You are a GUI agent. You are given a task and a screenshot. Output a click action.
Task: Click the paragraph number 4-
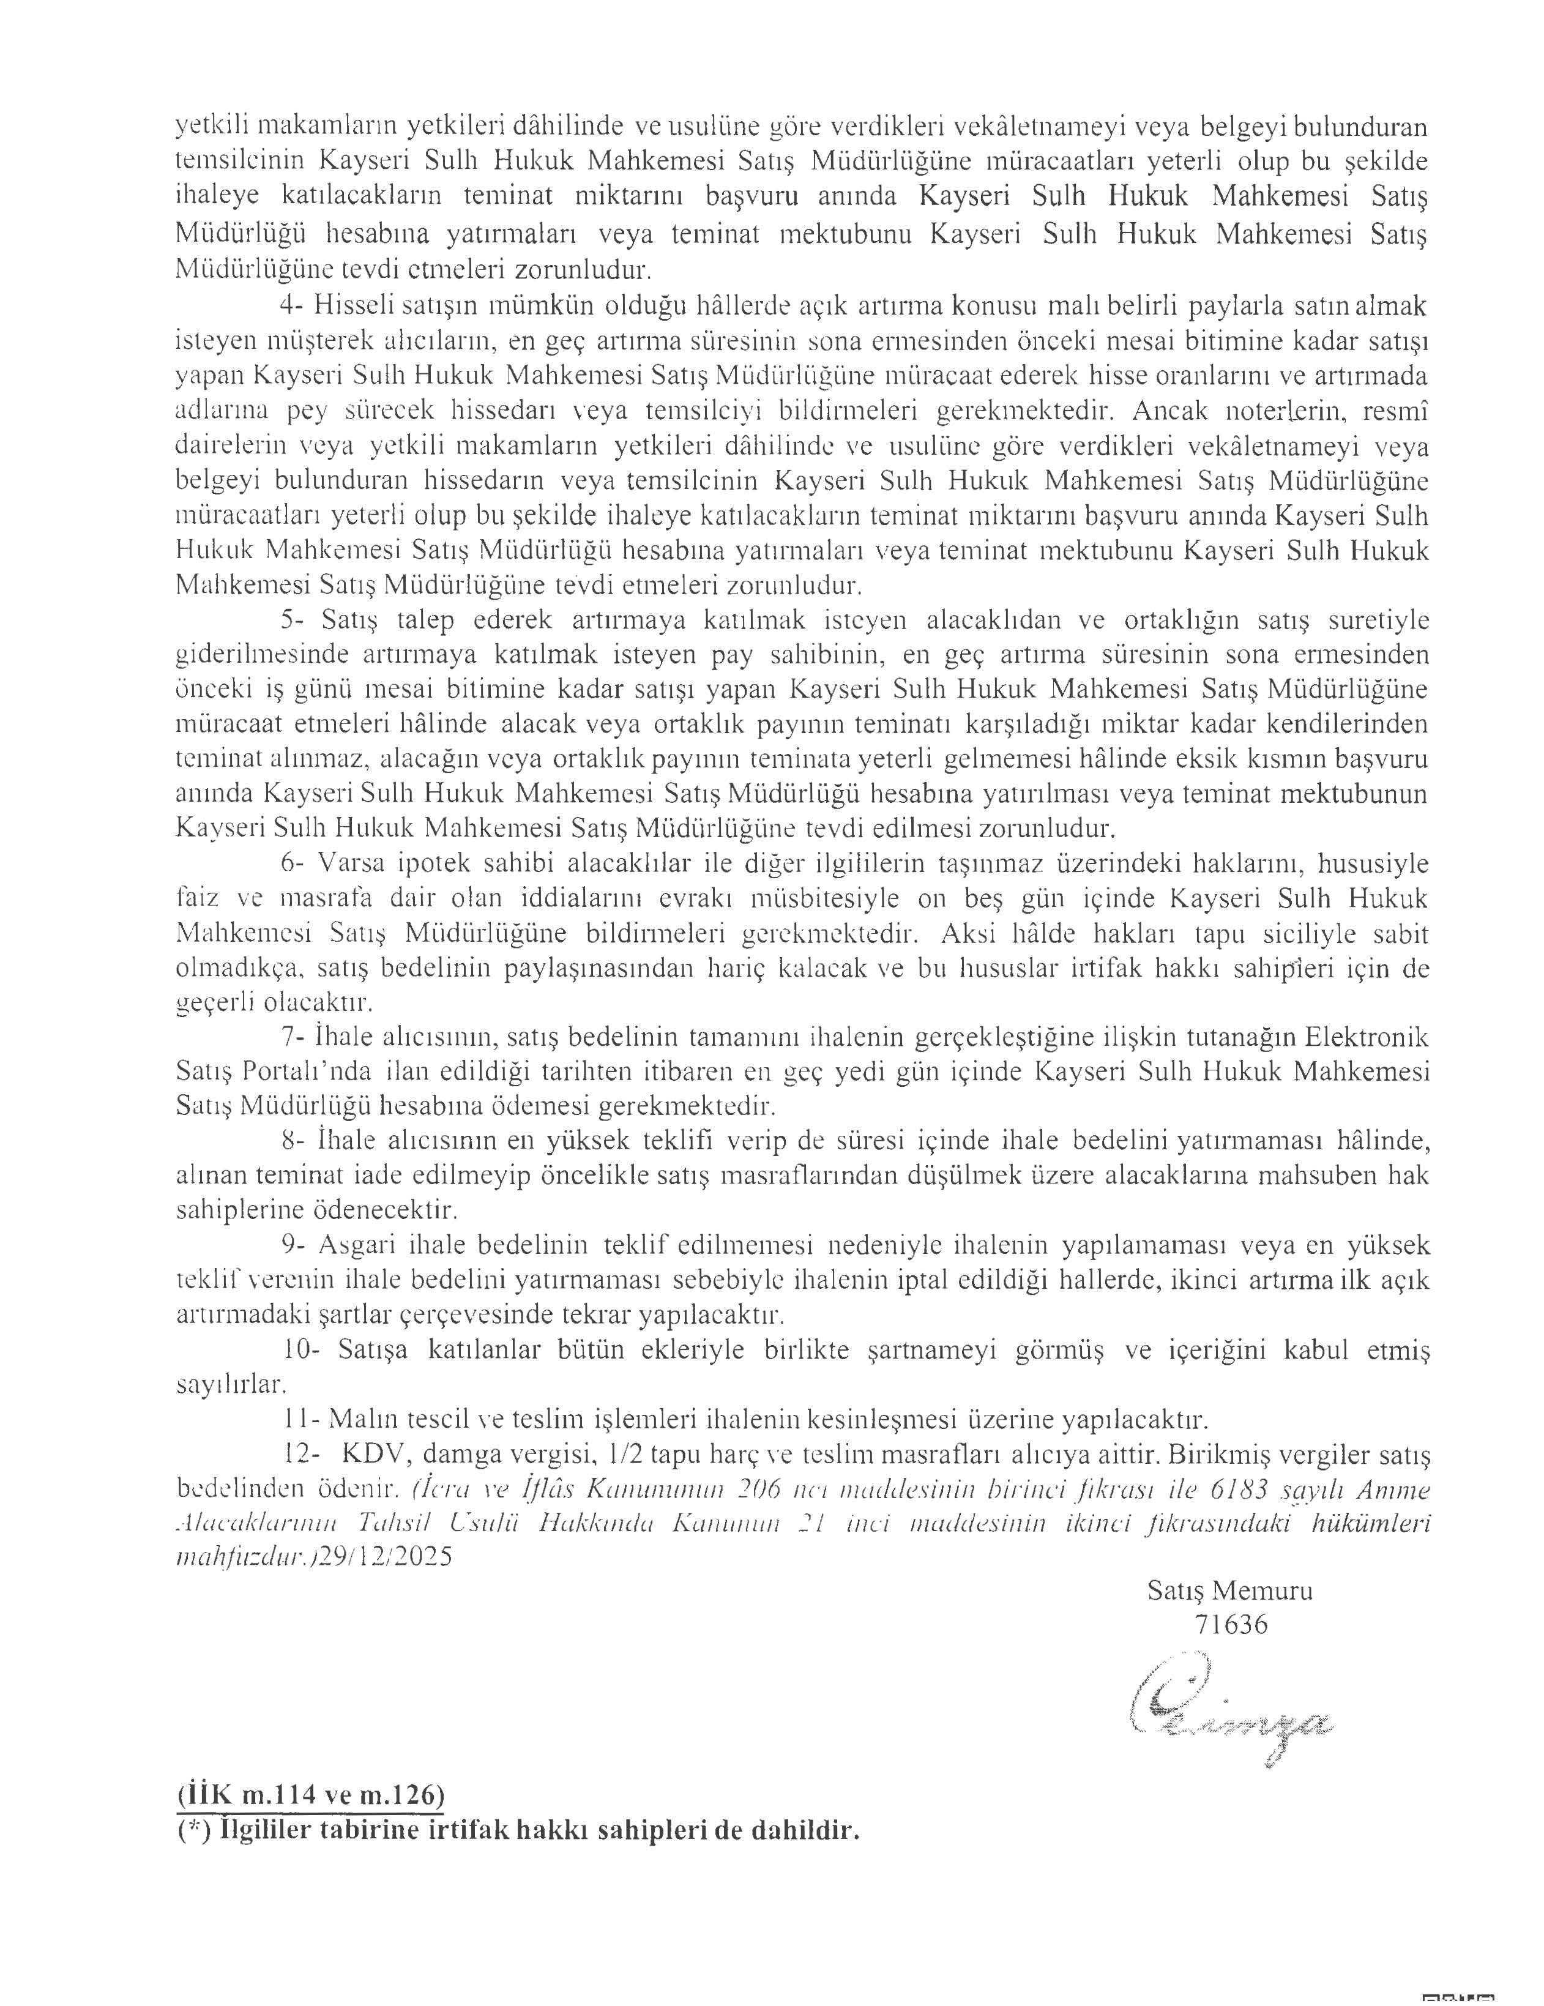[x=293, y=307]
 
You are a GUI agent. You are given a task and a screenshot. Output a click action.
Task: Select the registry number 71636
[x=1231, y=1624]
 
